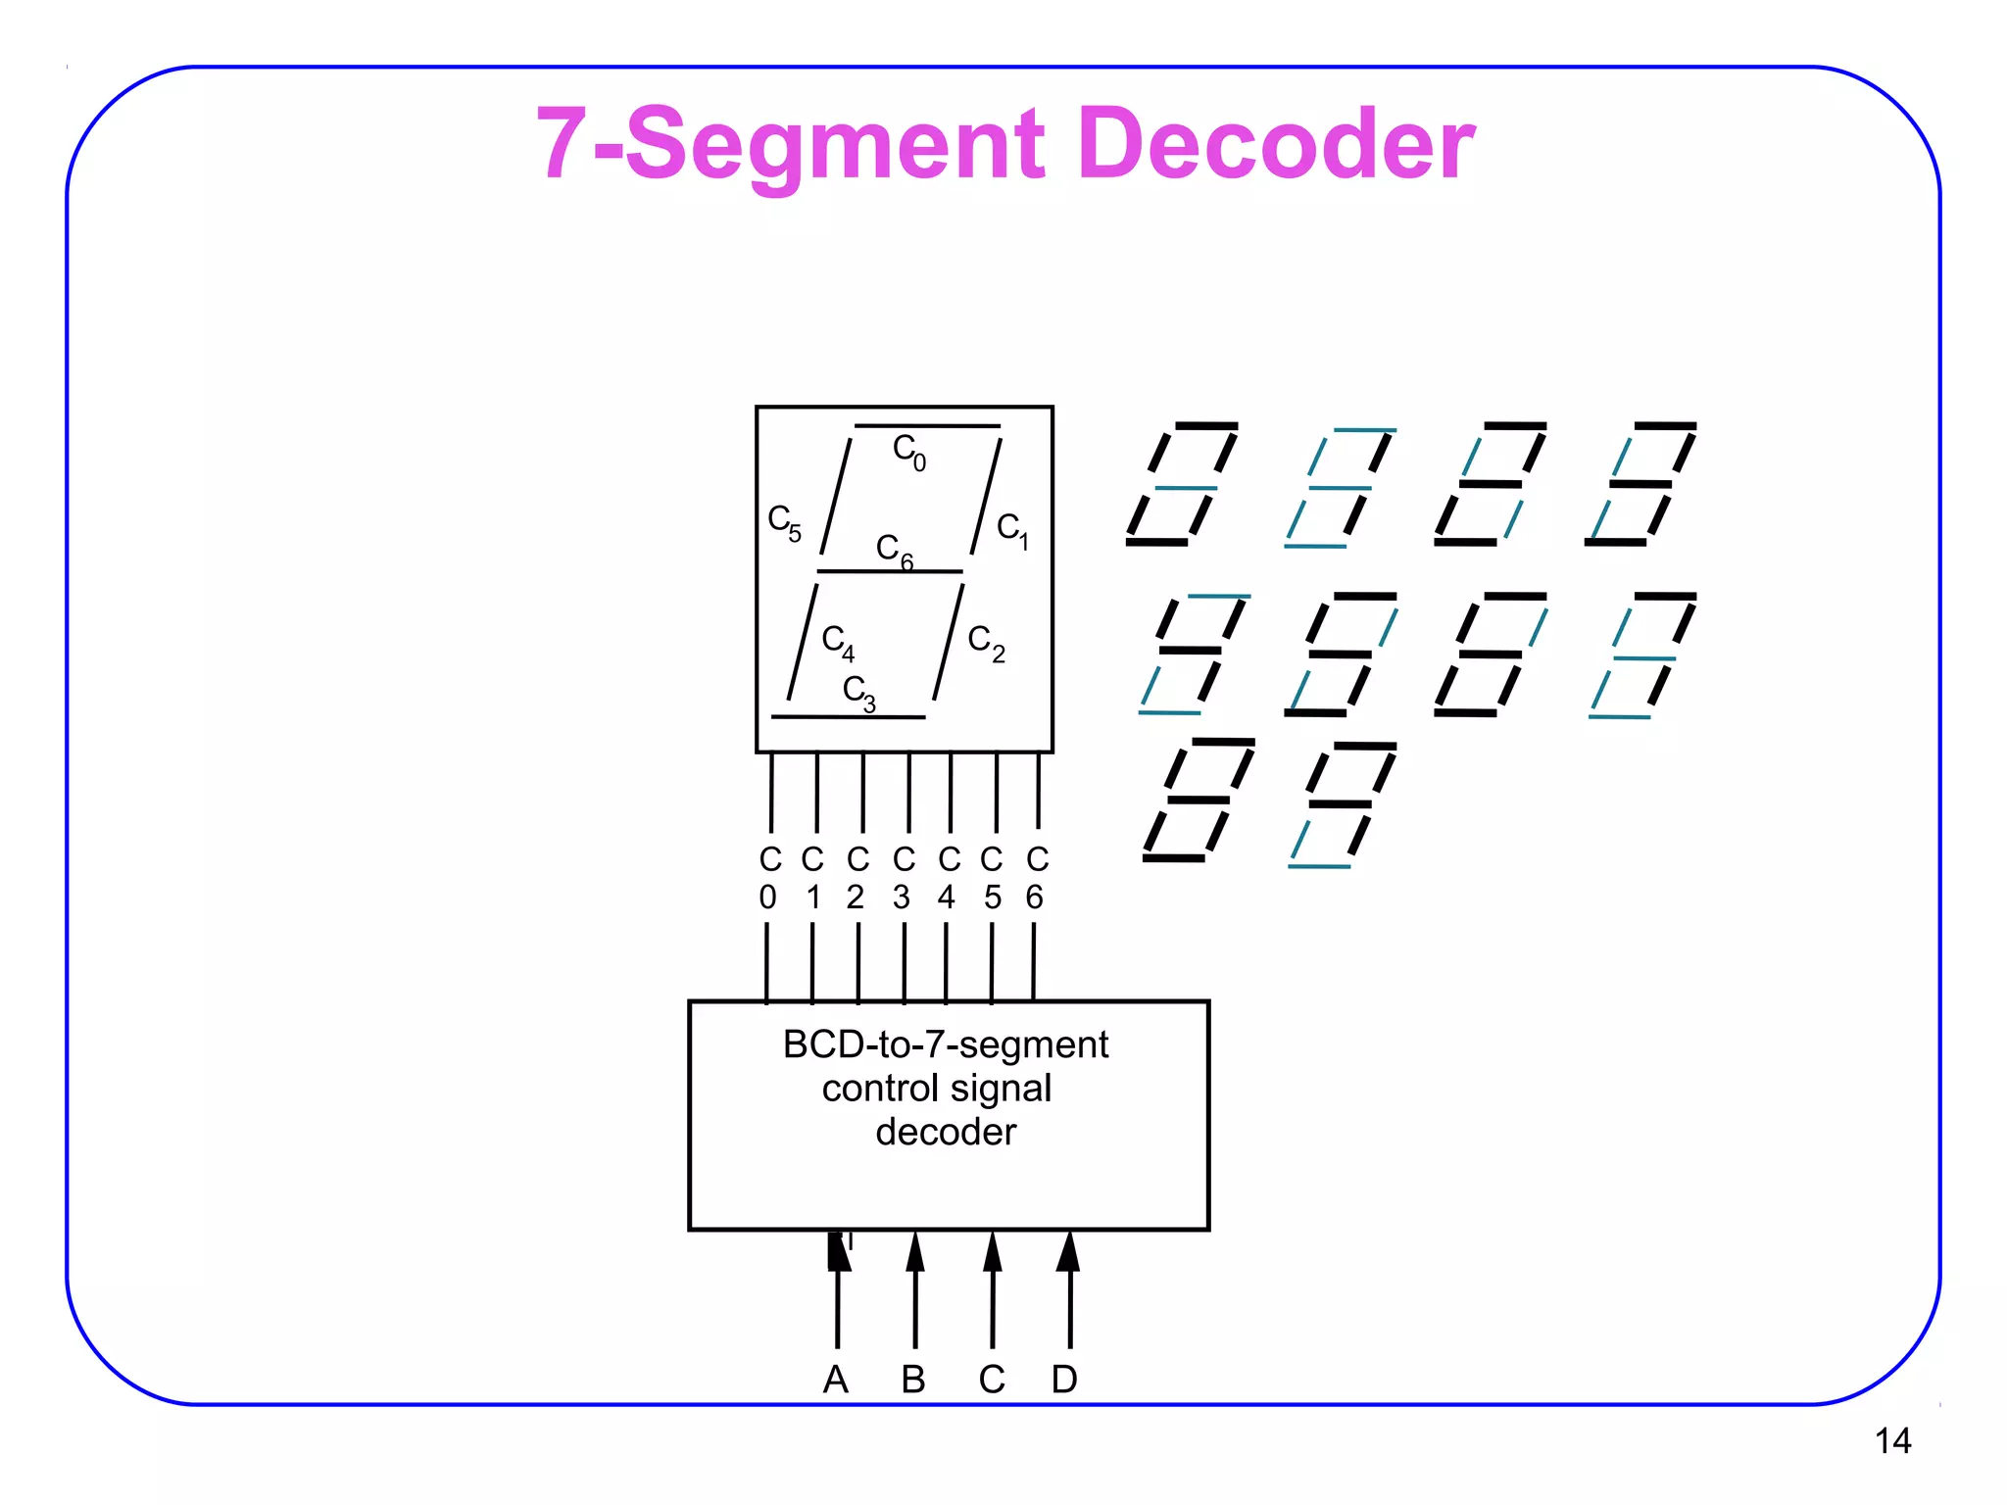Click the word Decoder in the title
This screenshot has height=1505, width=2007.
tap(1274, 145)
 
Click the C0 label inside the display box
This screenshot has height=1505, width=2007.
tap(908, 452)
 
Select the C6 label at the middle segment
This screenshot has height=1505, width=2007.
tap(894, 550)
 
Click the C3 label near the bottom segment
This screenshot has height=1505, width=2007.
tap(858, 691)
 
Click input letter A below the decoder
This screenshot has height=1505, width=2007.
tap(835, 1380)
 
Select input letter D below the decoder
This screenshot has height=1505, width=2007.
tap(1064, 1380)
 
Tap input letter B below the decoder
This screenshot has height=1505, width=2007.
tap(913, 1380)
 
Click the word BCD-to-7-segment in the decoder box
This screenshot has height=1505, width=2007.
tap(946, 1044)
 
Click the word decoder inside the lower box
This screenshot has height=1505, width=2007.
tap(946, 1133)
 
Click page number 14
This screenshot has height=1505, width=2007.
tap(1892, 1441)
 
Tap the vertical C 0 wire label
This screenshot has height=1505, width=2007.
tap(769, 878)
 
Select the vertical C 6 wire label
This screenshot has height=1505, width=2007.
tap(1037, 878)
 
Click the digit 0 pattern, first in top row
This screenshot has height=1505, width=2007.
tap(1183, 484)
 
